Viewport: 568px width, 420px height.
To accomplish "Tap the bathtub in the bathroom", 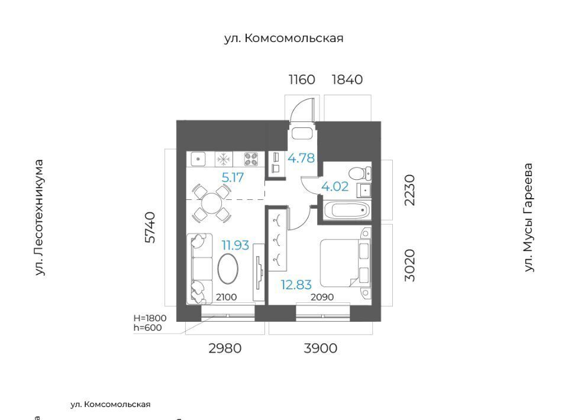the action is pyautogui.click(x=346, y=209).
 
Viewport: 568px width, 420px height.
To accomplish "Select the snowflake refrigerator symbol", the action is pyautogui.click(x=224, y=159).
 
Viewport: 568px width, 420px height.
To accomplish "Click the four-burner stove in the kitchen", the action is pyautogui.click(x=251, y=159).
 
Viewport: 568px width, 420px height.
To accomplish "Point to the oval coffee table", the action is pyautogui.click(x=228, y=269).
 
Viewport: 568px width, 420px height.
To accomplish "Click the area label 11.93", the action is pyautogui.click(x=235, y=245).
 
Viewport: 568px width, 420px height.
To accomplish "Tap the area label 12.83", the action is pyautogui.click(x=296, y=285).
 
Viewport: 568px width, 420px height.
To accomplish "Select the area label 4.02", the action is pyautogui.click(x=335, y=186).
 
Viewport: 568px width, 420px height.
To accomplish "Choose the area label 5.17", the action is pyautogui.click(x=233, y=177).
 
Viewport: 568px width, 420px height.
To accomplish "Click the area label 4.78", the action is pyautogui.click(x=301, y=158).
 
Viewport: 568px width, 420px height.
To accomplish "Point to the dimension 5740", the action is pyautogui.click(x=150, y=227).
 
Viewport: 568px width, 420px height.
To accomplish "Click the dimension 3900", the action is pyautogui.click(x=321, y=348).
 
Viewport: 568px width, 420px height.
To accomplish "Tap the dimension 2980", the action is pyautogui.click(x=225, y=348).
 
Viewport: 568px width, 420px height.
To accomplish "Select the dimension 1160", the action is pyautogui.click(x=302, y=79).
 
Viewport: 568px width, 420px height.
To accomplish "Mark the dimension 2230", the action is pyautogui.click(x=409, y=190).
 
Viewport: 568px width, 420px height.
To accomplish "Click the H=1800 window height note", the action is pyautogui.click(x=150, y=318).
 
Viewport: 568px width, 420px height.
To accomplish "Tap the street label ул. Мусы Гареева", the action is pyautogui.click(x=529, y=217).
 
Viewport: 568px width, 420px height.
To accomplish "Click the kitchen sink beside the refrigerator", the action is pyautogui.click(x=198, y=159).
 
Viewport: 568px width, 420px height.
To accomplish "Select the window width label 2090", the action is pyautogui.click(x=322, y=298).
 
